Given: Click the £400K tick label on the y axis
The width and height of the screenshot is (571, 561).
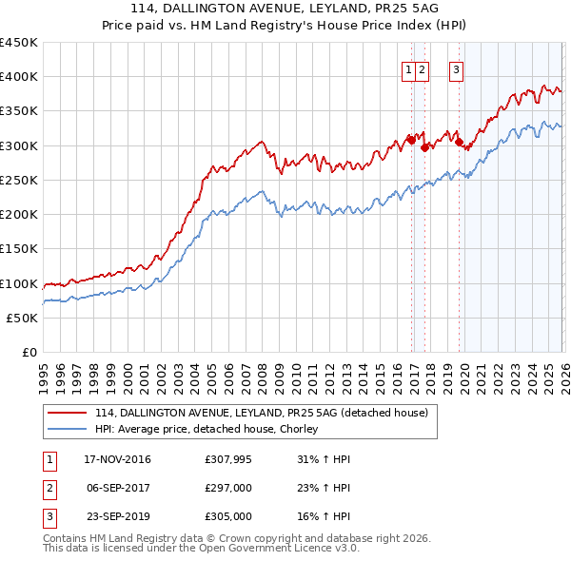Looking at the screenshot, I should coord(19,77).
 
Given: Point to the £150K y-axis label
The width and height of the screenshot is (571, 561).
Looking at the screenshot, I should coord(19,249).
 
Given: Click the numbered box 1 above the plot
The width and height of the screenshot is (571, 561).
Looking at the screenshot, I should coord(408,68).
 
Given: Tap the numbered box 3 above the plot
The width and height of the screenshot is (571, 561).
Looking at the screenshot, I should coord(456,68).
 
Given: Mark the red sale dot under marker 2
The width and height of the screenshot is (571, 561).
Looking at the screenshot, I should coord(424,147).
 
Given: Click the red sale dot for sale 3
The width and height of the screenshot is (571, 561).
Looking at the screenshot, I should coord(459,142).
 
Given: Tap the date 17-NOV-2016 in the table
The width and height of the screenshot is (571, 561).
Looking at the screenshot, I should coord(117,459).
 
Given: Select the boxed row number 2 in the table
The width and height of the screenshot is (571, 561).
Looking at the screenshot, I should coord(48,488).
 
